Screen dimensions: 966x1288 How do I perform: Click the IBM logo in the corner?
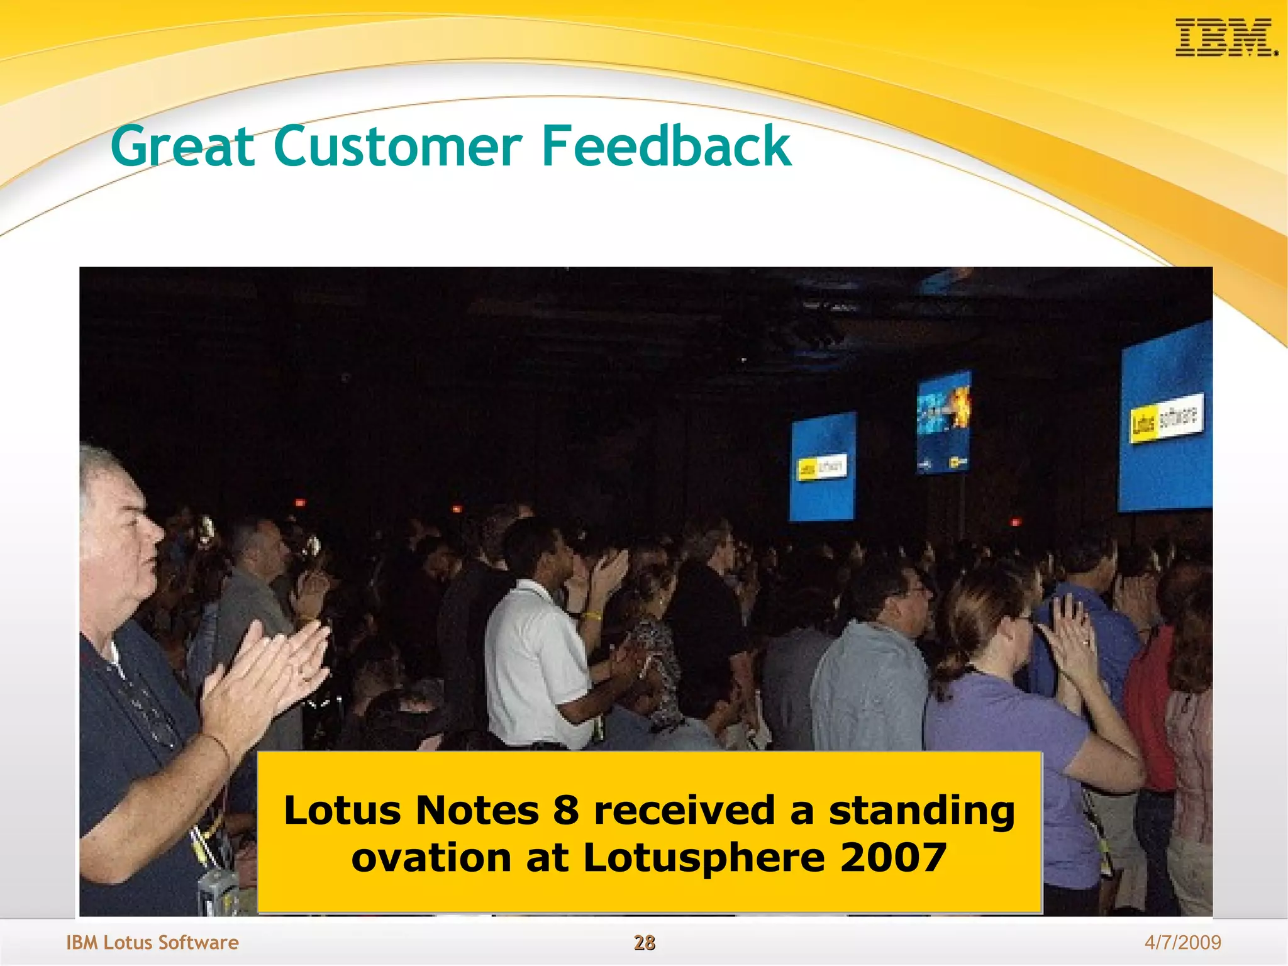pyautogui.click(x=1225, y=38)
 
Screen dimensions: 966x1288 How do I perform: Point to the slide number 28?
pyautogui.click(x=644, y=942)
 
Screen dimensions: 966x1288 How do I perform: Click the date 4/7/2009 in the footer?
pyautogui.click(x=1182, y=942)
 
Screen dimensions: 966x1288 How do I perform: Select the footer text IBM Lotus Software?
pyautogui.click(x=152, y=942)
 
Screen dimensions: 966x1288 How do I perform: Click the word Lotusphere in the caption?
pyautogui.click(x=703, y=858)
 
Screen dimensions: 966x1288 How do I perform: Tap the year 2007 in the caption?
pyautogui.click(x=893, y=858)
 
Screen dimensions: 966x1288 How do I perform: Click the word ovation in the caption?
pyautogui.click(x=431, y=858)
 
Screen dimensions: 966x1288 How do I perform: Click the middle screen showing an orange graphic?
pyautogui.click(x=943, y=421)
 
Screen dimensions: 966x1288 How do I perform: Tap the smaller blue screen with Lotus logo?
pyautogui.click(x=822, y=467)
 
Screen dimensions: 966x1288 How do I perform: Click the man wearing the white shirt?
pyautogui.click(x=535, y=660)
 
